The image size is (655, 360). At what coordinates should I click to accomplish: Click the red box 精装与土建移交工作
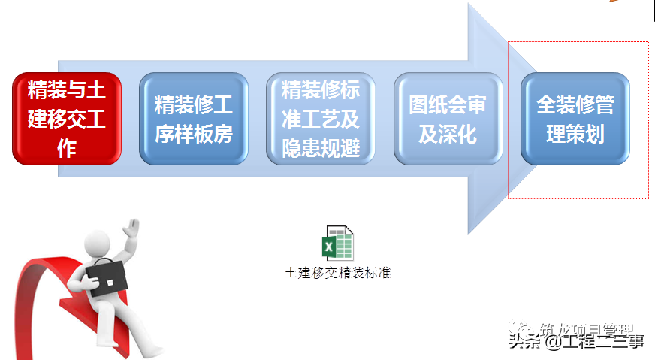point(67,118)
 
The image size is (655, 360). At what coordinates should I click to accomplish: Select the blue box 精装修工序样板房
point(194,118)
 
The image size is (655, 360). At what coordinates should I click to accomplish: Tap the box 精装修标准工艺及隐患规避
point(321,118)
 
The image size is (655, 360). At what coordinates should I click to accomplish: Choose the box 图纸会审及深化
point(448,118)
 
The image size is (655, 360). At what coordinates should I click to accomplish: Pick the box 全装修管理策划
point(575,118)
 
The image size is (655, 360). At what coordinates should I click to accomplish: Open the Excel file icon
point(337,244)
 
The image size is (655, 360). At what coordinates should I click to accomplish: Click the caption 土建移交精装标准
point(337,272)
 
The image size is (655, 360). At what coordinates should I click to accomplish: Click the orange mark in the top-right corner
point(614,2)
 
